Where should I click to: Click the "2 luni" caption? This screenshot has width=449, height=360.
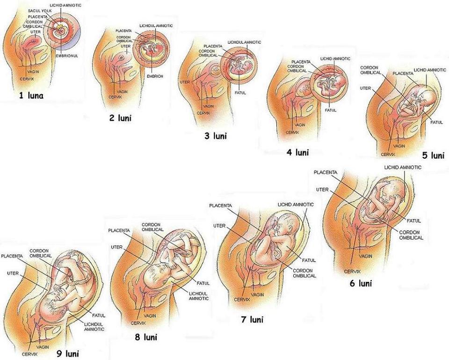[120, 118]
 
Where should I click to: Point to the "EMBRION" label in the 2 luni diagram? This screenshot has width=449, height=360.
[155, 76]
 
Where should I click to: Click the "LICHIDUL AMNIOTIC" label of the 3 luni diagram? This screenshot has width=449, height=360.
[244, 42]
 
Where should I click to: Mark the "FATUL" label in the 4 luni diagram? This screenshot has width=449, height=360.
[330, 110]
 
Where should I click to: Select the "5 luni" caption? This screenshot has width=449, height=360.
[432, 155]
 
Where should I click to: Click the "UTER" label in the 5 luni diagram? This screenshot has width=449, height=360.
[366, 88]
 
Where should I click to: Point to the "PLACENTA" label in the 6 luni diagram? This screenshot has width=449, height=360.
[326, 172]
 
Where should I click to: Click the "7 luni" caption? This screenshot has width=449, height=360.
[252, 320]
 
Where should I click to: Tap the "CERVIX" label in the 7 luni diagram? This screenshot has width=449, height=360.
[242, 299]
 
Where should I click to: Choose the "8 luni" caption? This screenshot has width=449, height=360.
[145, 337]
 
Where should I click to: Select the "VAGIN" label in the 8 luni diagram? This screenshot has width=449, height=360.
[150, 316]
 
